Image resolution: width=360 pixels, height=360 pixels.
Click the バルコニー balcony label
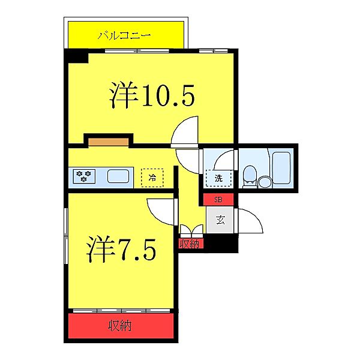[124, 35]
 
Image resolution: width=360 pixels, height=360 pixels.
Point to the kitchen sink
[118, 176]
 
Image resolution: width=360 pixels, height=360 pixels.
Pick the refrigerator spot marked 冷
[152, 177]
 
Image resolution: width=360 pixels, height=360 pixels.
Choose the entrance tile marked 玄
[220, 220]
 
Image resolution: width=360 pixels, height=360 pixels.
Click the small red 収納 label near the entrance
[191, 243]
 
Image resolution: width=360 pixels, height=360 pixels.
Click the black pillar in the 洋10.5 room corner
[76, 57]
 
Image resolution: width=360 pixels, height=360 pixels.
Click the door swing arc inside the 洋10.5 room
[185, 131]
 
